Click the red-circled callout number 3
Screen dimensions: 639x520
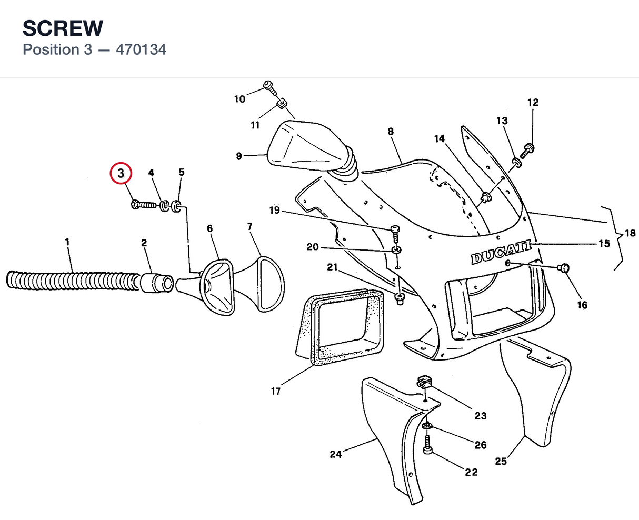click(121, 173)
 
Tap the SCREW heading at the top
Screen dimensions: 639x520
click(63, 28)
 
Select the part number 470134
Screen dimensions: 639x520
click(141, 49)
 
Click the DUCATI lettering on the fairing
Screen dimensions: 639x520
click(501, 252)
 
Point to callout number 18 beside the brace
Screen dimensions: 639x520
click(630, 233)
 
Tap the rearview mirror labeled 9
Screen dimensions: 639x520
click(309, 147)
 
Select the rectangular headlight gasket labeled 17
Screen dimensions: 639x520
click(340, 327)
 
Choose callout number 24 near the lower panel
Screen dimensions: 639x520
click(336, 454)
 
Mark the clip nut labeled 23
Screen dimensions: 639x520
click(425, 382)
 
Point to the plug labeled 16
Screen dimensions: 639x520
click(563, 268)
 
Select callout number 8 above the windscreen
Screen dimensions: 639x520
click(391, 132)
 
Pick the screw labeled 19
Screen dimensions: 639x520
click(395, 234)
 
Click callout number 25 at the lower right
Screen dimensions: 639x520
click(501, 461)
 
